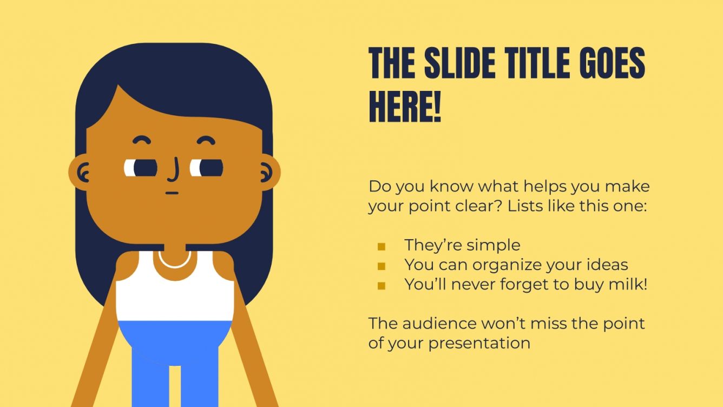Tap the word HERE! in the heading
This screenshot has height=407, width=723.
point(405,107)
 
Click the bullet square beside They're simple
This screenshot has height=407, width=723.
point(382,247)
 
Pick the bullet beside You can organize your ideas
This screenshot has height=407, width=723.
point(382,266)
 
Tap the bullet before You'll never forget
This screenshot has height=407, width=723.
point(382,286)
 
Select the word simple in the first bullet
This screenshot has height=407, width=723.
point(493,245)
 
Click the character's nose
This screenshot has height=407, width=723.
point(174,170)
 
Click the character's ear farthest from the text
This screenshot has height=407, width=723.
point(82,172)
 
